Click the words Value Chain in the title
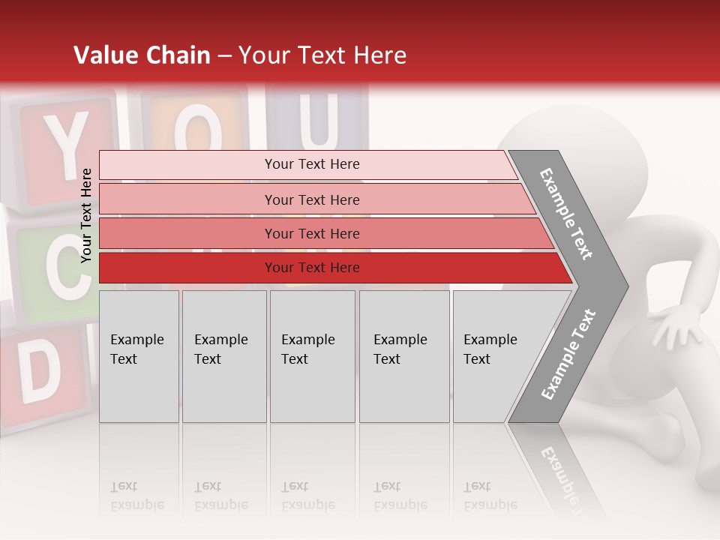coord(142,55)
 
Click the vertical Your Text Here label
coord(86,215)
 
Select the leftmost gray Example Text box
coord(139,356)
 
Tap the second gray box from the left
coord(224,356)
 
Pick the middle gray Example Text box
coord(312,356)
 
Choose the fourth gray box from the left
coord(404,356)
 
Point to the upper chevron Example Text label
coord(567,214)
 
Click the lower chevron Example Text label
coord(568,354)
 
